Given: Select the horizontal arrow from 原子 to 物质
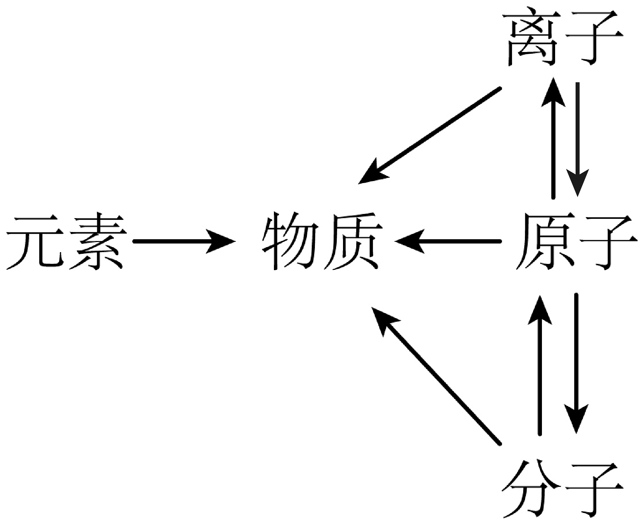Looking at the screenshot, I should (448, 241).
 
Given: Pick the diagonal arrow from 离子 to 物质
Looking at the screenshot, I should (430, 135).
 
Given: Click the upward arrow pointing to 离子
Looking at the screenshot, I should (553, 139).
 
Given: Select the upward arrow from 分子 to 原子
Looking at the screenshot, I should (539, 364).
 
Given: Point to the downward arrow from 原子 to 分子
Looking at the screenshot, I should (576, 364).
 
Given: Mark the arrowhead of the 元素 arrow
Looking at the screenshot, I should (222, 241).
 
